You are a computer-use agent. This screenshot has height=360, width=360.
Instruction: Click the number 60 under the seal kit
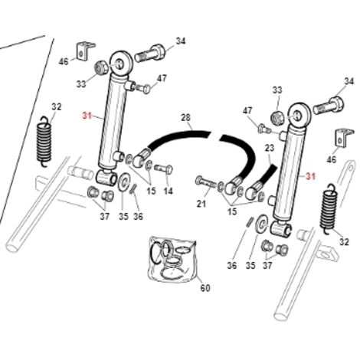pyautogui.click(x=205, y=288)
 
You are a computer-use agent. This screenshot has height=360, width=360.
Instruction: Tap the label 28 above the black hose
pyautogui.click(x=185, y=118)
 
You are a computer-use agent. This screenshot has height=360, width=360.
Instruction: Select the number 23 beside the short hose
pyautogui.click(x=270, y=148)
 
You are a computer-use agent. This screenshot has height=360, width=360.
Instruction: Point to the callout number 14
pyautogui.click(x=168, y=191)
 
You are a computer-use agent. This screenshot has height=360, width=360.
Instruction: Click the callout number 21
pyautogui.click(x=201, y=204)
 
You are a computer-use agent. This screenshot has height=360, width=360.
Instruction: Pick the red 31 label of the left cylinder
pyautogui.click(x=87, y=116)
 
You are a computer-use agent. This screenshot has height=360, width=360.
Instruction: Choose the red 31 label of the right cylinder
pyautogui.click(x=311, y=176)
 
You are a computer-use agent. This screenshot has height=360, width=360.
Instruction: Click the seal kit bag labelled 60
pyautogui.click(x=172, y=260)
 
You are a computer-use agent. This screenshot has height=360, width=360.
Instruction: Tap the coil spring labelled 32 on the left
pyautogui.click(x=45, y=142)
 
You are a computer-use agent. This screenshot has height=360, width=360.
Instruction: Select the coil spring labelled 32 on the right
pyautogui.click(x=328, y=209)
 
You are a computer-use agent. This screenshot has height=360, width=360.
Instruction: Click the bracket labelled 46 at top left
pyautogui.click(x=84, y=51)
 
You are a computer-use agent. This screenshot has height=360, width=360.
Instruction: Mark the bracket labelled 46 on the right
pyautogui.click(x=344, y=138)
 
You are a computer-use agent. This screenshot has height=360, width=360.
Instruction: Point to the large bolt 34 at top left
pyautogui.click(x=150, y=54)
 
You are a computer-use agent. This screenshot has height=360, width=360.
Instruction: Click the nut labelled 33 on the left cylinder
pyautogui.click(x=100, y=68)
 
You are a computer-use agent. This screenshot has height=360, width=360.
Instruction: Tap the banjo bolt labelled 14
pyautogui.click(x=163, y=169)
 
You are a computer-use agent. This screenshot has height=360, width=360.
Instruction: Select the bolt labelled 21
pyautogui.click(x=206, y=182)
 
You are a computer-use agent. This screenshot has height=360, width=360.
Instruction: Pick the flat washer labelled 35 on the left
pyautogui.click(x=124, y=182)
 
